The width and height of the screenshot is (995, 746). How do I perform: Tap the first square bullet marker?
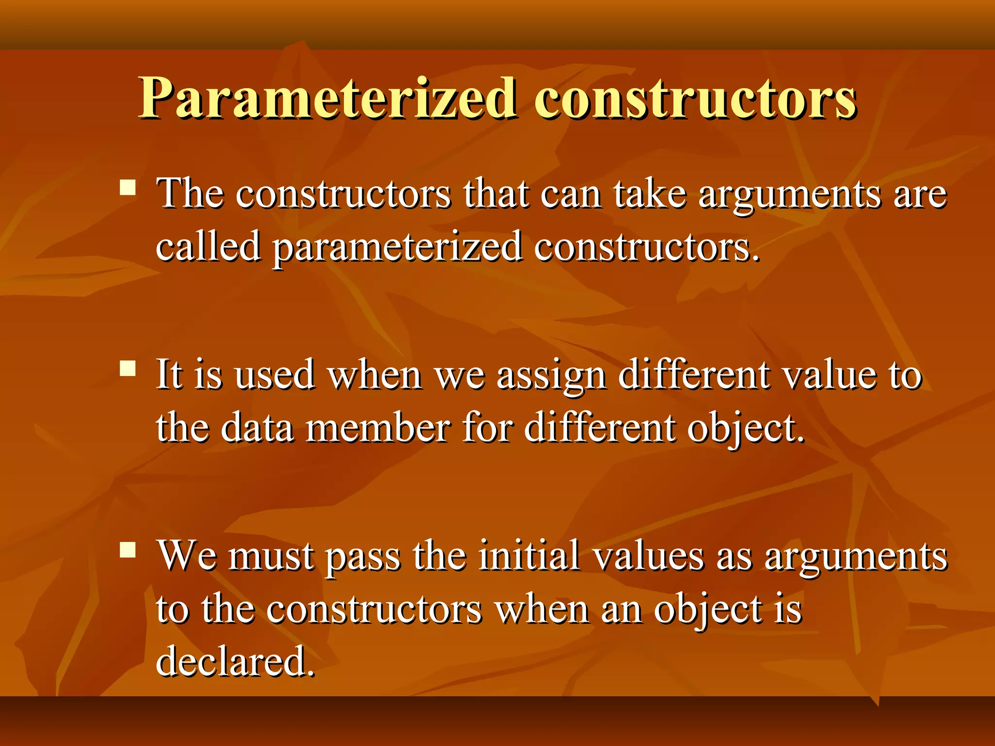coord(128,187)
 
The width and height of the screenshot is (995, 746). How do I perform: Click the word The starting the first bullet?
coord(190,194)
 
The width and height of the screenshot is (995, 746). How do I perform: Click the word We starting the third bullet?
coord(188,556)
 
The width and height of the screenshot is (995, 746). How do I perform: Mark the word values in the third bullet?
coord(649,556)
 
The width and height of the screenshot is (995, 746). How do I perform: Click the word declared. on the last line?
coord(235,661)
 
